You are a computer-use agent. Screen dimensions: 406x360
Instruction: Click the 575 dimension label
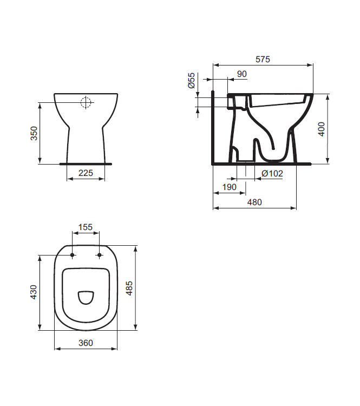[263, 59]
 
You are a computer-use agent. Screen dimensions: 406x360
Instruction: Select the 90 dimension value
[241, 74]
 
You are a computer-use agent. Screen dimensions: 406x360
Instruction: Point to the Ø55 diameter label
[192, 81]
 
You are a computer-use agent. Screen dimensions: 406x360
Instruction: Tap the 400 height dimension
[322, 129]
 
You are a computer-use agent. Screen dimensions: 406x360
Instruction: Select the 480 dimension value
[254, 202]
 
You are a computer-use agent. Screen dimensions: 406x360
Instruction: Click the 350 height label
[33, 133]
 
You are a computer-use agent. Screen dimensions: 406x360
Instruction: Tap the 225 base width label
[86, 173]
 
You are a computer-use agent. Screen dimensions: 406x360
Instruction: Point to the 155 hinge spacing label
[86, 227]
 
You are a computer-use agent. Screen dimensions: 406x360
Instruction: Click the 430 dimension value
[33, 292]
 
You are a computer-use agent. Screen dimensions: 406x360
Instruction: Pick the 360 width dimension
[86, 343]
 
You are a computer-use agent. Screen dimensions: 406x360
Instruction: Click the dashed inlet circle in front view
[86, 102]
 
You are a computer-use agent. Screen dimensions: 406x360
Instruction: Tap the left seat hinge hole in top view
[72, 254]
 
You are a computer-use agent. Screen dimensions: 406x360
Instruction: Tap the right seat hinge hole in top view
[100, 254]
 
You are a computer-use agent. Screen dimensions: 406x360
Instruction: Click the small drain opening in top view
[86, 297]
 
